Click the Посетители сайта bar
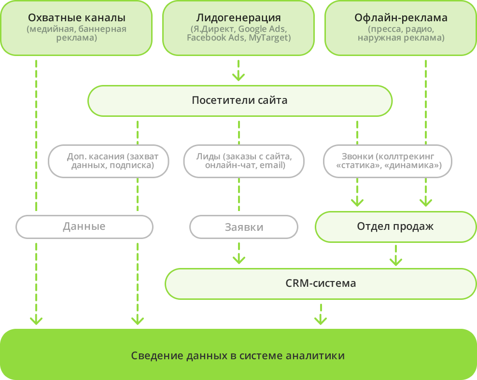[239, 100]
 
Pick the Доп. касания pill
[109, 161]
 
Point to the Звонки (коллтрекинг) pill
[388, 161]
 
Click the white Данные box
[84, 226]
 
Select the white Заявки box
[244, 227]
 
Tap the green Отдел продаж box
[395, 226]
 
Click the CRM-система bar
[321, 283]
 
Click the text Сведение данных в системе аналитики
[238, 356]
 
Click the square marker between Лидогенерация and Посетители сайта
[238, 75]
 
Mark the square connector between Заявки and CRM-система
[238, 258]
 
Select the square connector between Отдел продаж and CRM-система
[396, 260]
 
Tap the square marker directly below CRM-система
[321, 319]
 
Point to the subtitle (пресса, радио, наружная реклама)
[401, 33]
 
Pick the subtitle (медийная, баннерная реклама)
[77, 33]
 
